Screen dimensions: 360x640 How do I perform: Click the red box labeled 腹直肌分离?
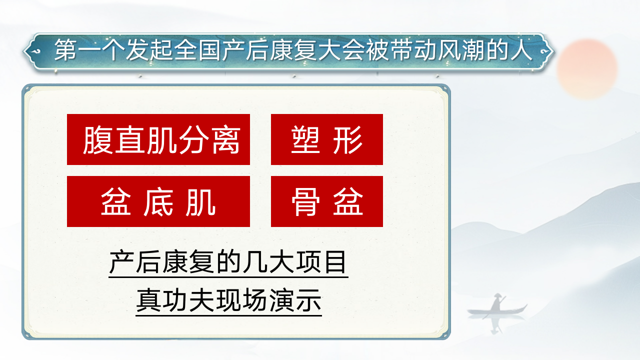click(158, 139)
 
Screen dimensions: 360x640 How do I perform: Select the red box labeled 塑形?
click(326, 139)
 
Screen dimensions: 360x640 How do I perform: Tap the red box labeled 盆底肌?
click(158, 201)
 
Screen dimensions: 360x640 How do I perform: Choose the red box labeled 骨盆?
click(326, 201)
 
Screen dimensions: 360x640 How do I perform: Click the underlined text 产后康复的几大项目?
click(228, 262)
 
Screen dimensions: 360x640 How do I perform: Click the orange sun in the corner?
click(587, 68)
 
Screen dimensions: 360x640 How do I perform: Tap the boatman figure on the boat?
click(497, 302)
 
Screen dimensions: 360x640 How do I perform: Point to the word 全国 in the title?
click(197, 51)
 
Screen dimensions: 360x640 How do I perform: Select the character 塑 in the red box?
click(305, 139)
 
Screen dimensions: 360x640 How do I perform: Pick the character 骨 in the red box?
click(305, 201)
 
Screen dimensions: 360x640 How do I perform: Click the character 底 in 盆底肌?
click(158, 201)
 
